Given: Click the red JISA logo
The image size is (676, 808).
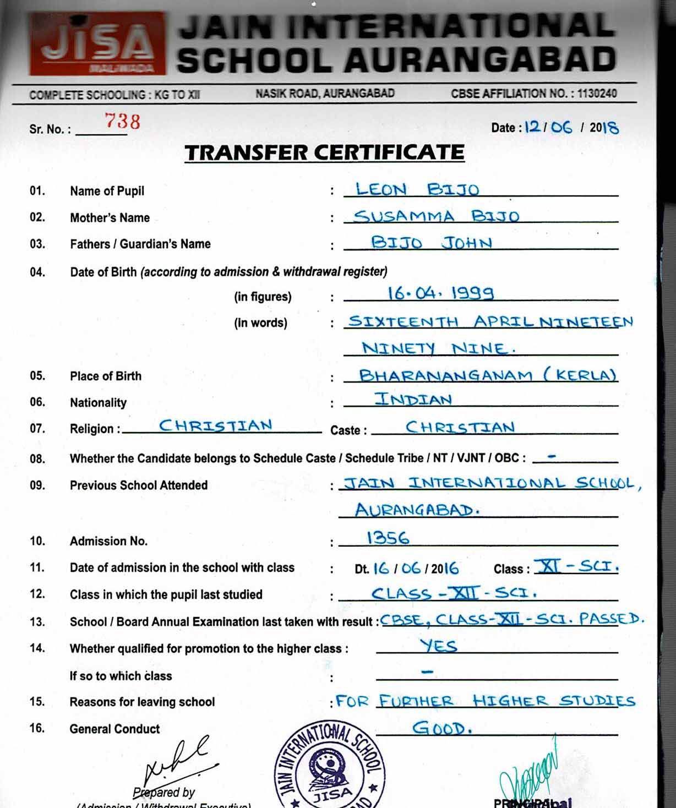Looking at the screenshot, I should (x=97, y=43).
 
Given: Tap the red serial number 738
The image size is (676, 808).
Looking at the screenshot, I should (x=122, y=121).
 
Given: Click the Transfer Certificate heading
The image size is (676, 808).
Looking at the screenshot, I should (x=324, y=152).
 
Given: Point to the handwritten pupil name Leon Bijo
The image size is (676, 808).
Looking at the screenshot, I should (x=417, y=190).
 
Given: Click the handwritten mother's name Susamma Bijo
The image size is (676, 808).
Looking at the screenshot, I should (x=436, y=216).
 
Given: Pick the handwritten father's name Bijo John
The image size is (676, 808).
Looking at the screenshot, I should (x=432, y=242).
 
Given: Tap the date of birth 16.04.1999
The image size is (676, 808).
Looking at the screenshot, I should (x=440, y=293).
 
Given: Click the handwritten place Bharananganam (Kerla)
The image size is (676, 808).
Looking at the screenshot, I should (x=487, y=375).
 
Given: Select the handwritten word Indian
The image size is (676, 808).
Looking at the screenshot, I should (x=413, y=399).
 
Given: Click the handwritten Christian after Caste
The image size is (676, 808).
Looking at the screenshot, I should (x=460, y=427).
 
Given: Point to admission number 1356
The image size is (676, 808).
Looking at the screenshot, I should (x=388, y=538).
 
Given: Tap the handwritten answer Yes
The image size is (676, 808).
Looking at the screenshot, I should (x=438, y=645).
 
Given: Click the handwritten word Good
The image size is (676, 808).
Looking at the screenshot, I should (x=442, y=728).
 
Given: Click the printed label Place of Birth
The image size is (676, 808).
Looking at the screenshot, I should (x=106, y=376).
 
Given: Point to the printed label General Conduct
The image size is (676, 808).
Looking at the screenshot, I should (x=115, y=729).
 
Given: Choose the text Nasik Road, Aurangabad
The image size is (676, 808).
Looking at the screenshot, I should (x=325, y=94).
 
